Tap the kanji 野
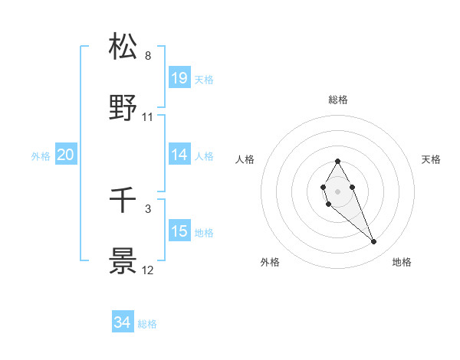pyautogui.click(x=123, y=108)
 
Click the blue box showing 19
pyautogui.click(x=179, y=78)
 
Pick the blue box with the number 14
pyautogui.click(x=179, y=155)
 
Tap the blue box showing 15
pyautogui.click(x=179, y=231)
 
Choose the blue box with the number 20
pyautogui.click(x=65, y=155)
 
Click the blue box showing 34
pyautogui.click(x=122, y=322)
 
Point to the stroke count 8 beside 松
pyautogui.click(x=148, y=56)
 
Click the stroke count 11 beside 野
pyautogui.click(x=148, y=117)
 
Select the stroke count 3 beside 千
pyautogui.click(x=148, y=208)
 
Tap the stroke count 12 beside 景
pyautogui.click(x=148, y=270)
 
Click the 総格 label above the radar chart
pyautogui.click(x=337, y=100)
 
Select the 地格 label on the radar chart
pyautogui.click(x=402, y=262)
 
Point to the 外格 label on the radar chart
pyautogui.click(x=270, y=262)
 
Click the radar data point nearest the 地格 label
pyautogui.click(x=374, y=242)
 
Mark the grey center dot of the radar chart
pyautogui.click(x=337, y=191)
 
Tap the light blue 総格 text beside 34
pyautogui.click(x=147, y=324)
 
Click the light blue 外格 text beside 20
pyautogui.click(x=41, y=156)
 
